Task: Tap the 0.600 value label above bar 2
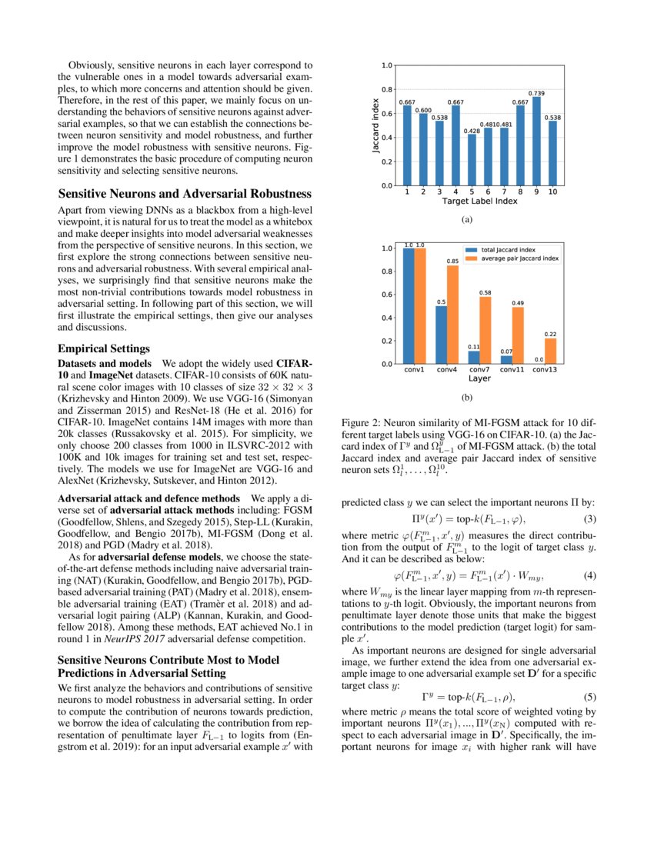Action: pyautogui.click(x=423, y=111)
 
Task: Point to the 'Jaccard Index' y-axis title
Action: pyautogui.click(x=376, y=125)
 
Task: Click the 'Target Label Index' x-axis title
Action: pyautogui.click(x=480, y=202)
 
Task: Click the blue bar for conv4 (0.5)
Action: pyautogui.click(x=441, y=335)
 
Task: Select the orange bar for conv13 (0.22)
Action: pyautogui.click(x=551, y=351)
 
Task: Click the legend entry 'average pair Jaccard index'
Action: pyautogui.click(x=520, y=258)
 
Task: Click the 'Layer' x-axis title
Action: pyautogui.click(x=480, y=379)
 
